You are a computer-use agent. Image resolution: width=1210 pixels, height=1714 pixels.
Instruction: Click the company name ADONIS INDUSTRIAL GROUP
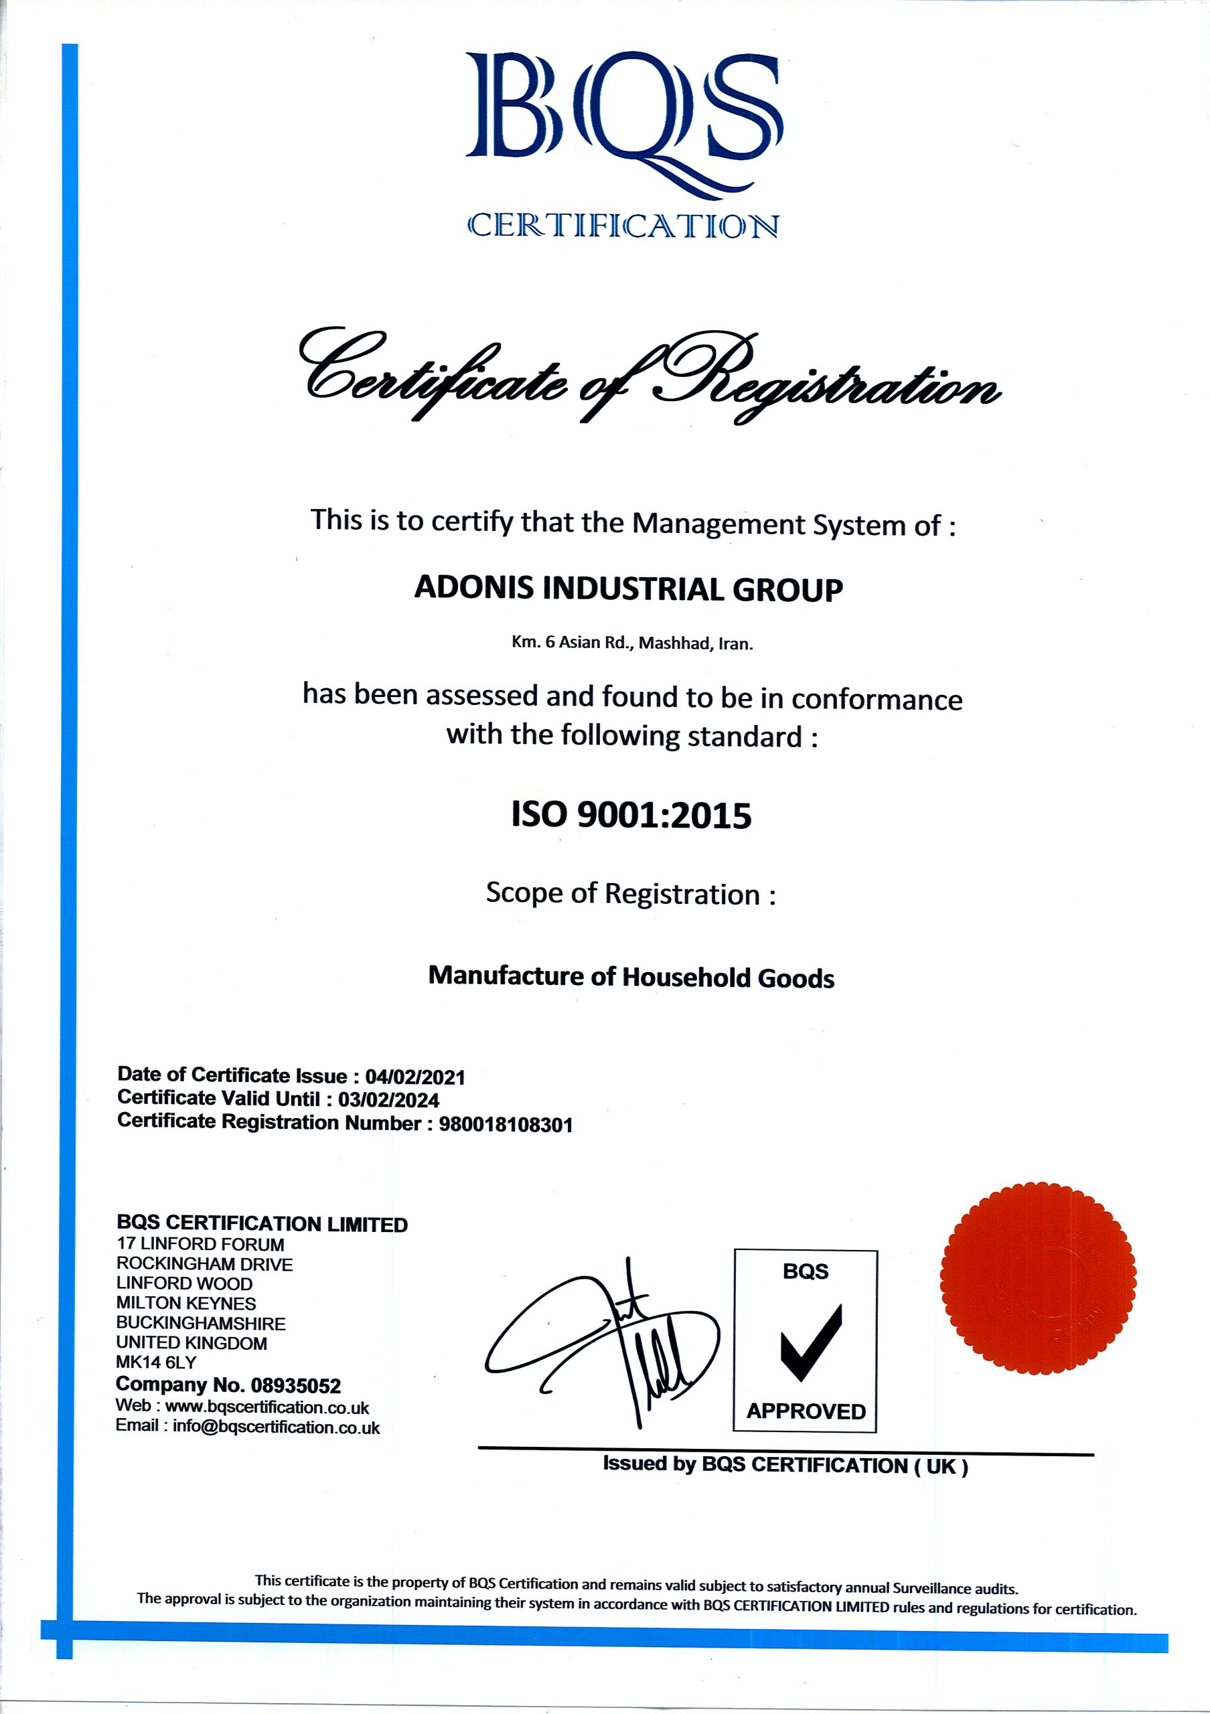pos(629,589)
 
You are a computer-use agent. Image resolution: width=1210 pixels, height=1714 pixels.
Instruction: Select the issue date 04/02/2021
pos(415,1077)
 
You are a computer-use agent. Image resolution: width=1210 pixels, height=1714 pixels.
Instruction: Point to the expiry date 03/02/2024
pos(388,1099)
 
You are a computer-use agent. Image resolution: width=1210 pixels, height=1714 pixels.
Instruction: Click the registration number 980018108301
pos(506,1124)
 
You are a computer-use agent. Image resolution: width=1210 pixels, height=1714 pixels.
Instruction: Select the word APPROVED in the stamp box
pos(806,1411)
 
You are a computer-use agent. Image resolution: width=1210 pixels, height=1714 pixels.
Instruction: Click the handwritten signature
pos(605,1344)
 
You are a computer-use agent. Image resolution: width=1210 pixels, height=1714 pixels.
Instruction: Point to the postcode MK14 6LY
pos(156,1362)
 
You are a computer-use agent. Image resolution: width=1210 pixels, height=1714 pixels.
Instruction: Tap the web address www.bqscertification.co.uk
pos(267,1407)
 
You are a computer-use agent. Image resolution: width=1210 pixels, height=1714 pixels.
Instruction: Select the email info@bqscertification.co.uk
pos(276,1427)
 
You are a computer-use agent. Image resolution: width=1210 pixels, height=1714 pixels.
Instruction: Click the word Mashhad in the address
pos(674,643)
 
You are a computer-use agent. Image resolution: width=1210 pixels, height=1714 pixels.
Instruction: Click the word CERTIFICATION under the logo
pos(623,226)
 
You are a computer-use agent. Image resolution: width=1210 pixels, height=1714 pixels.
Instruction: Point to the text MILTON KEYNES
pos(186,1304)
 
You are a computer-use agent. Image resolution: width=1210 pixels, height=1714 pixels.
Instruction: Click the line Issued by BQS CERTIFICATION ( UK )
pos(785,1466)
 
